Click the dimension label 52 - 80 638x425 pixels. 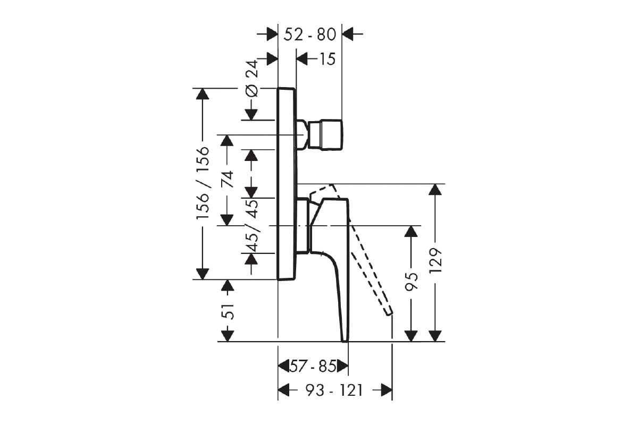coord(310,35)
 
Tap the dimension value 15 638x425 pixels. coord(328,59)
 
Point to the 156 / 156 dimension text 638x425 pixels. coord(203,183)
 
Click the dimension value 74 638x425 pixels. coord(228,179)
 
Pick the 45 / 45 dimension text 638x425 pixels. coord(251,225)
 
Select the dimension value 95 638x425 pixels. coord(412,282)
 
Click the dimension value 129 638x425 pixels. coord(435,260)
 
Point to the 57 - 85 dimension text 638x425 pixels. coord(313,367)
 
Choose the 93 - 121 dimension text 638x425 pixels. coord(334,390)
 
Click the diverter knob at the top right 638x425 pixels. coord(325,135)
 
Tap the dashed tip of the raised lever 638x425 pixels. coord(389,313)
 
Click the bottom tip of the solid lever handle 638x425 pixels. coord(345,341)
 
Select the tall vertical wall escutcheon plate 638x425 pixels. coord(287,184)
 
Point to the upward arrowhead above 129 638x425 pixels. coord(435,189)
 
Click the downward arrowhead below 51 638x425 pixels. coord(228,336)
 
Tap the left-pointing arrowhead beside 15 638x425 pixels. coord(302,59)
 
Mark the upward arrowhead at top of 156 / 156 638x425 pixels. coord(203,94)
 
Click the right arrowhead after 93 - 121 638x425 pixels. coord(387,390)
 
